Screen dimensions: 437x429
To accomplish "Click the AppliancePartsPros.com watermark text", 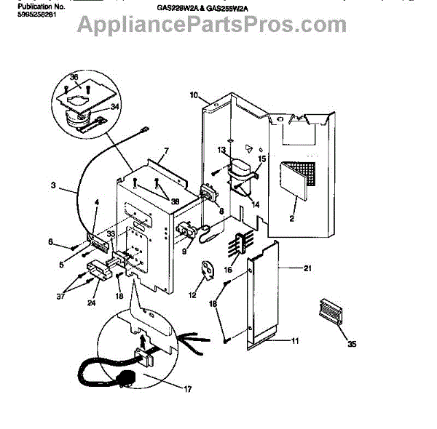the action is click(212, 27).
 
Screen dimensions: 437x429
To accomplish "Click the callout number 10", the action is click(194, 95).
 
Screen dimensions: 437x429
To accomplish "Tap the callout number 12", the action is click(193, 296).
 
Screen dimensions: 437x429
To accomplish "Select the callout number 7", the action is click(166, 151).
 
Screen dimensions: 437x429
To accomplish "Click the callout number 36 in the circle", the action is click(73, 77).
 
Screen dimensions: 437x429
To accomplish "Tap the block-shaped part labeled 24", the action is click(95, 276).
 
